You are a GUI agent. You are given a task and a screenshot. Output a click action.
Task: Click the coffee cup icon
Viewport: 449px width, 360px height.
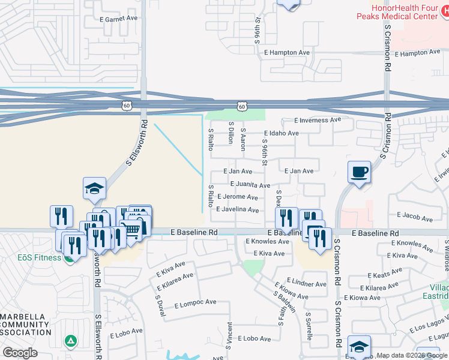point(360,172)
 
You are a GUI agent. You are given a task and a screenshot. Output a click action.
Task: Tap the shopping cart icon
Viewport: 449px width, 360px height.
point(133,229)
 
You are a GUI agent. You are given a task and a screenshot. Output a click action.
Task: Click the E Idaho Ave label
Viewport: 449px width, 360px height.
point(281,133)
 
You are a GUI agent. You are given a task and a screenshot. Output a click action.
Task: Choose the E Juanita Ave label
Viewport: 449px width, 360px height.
point(250,185)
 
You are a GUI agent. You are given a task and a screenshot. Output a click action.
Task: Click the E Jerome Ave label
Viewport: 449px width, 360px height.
point(238,197)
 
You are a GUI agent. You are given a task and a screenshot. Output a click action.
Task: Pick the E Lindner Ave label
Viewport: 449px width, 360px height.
point(306,283)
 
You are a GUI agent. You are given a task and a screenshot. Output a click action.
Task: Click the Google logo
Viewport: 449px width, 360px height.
point(20,352)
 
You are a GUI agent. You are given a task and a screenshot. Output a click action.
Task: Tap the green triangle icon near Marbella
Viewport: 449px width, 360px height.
point(71,341)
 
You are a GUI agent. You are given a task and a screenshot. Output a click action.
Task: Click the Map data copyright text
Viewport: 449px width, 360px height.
point(412,356)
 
